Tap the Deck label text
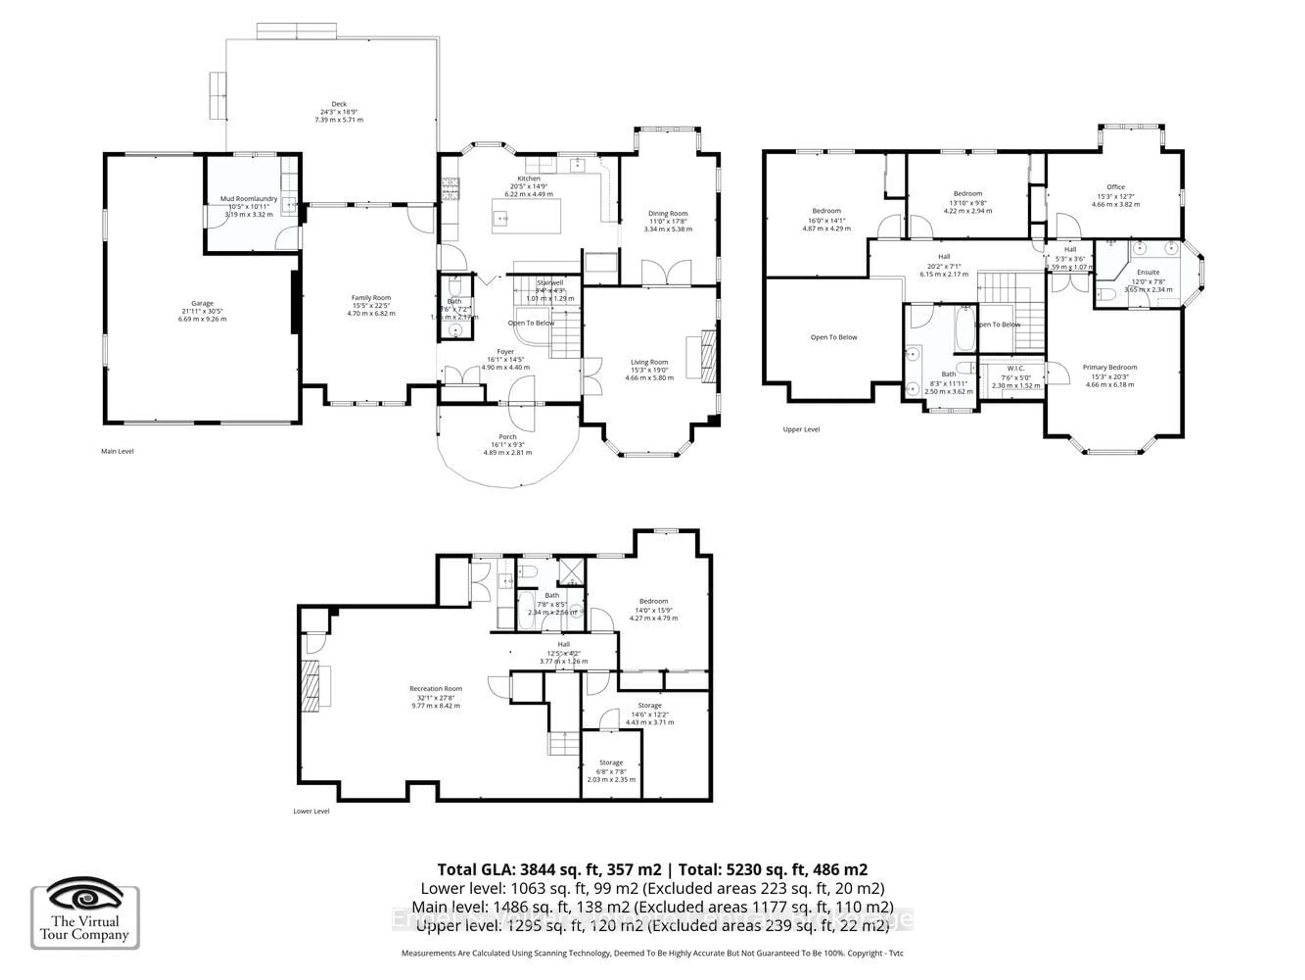pos(338,104)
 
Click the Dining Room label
pos(668,214)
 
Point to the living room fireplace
pos(708,356)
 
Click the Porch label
pos(507,437)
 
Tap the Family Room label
pos(371,298)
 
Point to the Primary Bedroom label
pos(1109,367)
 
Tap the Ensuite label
pos(1148,272)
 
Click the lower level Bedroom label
pos(653,601)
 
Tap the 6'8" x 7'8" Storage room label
pos(611,762)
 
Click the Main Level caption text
pos(117,451)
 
